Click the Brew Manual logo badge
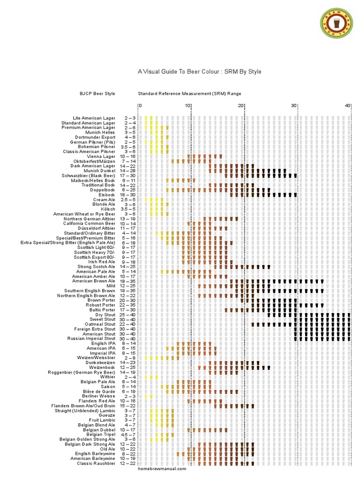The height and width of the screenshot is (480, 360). pyautogui.click(x=337, y=24)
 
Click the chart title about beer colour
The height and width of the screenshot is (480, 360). pyautogui.click(x=199, y=72)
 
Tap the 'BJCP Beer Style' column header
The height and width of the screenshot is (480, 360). pyautogui.click(x=97, y=94)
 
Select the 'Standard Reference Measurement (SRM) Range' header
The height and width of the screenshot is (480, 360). pyautogui.click(x=189, y=94)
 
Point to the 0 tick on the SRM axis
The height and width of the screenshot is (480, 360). pyautogui.click(x=140, y=106)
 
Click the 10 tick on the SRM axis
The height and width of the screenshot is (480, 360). pyautogui.click(x=187, y=106)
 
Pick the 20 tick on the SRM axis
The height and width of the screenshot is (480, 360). pyautogui.click(x=240, y=106)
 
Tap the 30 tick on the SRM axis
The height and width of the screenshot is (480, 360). pyautogui.click(x=294, y=106)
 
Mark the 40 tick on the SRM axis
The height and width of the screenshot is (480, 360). pyautogui.click(x=347, y=106)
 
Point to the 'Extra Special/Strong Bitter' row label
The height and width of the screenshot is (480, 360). pyautogui.click(x=67, y=243)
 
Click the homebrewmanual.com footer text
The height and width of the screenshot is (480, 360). pyautogui.click(x=162, y=469)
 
